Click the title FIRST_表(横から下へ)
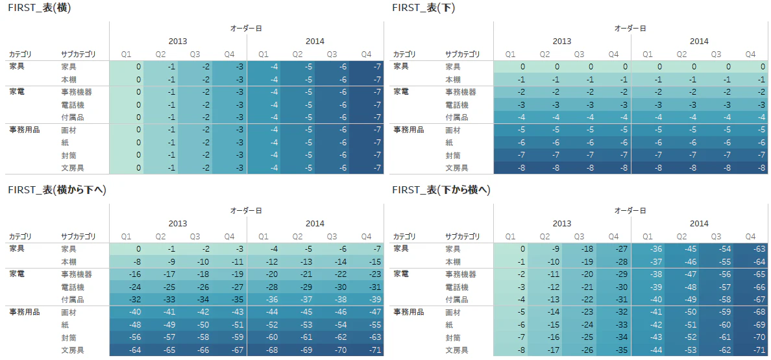pyautogui.click(x=57, y=190)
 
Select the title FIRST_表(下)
pyautogui.click(x=424, y=8)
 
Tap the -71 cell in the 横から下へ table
pyautogui.click(x=366, y=350)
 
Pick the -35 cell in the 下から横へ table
pyautogui.click(x=613, y=350)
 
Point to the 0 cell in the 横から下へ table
pyautogui.click(x=127, y=248)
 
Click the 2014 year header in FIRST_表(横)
pyautogui.click(x=315, y=42)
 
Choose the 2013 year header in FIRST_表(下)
pyautogui.click(x=562, y=42)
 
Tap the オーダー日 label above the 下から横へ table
pyautogui.click(x=630, y=210)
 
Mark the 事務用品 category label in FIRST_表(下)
pyautogui.click(x=409, y=130)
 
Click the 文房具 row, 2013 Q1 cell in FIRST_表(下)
pyautogui.click(x=511, y=168)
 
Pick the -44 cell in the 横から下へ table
pyautogui.click(x=263, y=312)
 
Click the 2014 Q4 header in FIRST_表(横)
pyautogui.click(x=366, y=54)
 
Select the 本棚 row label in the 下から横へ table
pyautogui.click(x=453, y=261)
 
